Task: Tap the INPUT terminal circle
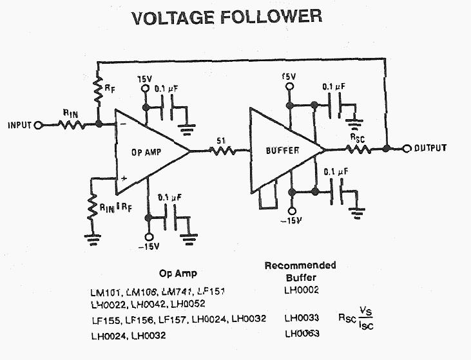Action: pyautogui.click(x=37, y=125)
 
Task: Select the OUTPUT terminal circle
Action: pyautogui.click(x=407, y=149)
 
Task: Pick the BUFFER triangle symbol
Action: pyautogui.click(x=282, y=151)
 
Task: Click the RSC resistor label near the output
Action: pyautogui.click(x=358, y=137)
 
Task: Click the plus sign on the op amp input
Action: pyautogui.click(x=122, y=179)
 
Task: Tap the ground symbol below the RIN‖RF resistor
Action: pyautogui.click(x=91, y=238)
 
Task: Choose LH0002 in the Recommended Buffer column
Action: pyautogui.click(x=301, y=290)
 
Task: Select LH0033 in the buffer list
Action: pyautogui.click(x=302, y=318)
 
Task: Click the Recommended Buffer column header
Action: pyautogui.click(x=300, y=271)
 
